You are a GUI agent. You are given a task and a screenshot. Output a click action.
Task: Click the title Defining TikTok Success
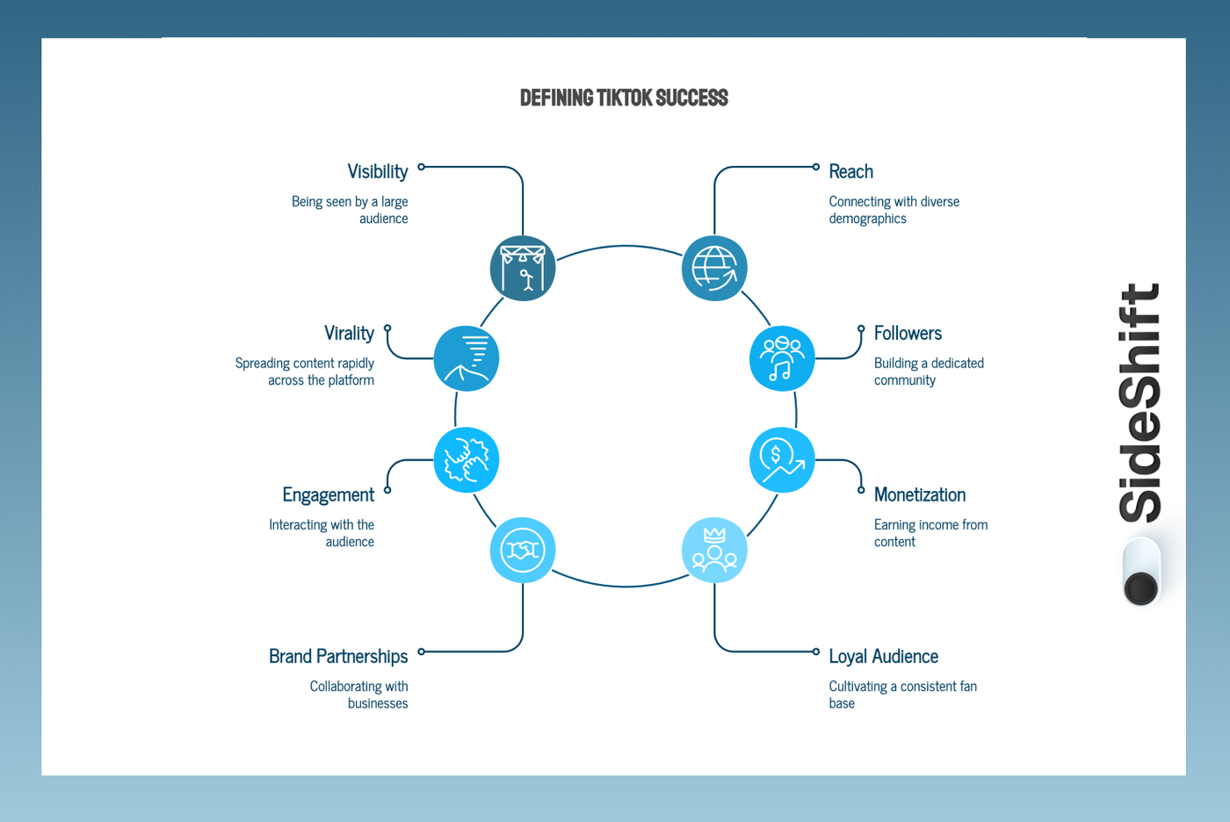[624, 97]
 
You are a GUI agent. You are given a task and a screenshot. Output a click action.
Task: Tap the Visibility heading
[378, 172]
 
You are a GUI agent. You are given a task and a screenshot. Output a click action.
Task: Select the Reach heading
[850, 172]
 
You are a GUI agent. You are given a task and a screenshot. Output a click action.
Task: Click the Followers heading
[908, 333]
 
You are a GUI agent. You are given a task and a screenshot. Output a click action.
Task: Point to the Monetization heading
[920, 495]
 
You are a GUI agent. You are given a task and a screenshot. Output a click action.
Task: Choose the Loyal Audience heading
[884, 656]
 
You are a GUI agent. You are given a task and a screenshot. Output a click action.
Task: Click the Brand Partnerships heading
[338, 656]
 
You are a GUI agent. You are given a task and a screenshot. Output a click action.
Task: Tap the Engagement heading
[329, 495]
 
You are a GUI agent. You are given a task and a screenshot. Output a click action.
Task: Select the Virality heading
[350, 333]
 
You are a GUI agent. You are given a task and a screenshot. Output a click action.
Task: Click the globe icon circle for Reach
[714, 269]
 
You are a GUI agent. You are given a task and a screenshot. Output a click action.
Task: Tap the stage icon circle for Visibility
[523, 269]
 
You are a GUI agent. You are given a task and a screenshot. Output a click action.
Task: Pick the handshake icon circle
[523, 550]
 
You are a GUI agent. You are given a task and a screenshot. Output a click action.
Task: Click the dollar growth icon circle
[782, 460]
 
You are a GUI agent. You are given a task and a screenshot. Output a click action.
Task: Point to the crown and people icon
[714, 550]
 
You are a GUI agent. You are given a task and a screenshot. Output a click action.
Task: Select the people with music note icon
[782, 358]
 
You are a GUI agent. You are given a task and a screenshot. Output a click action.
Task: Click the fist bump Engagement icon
[467, 460]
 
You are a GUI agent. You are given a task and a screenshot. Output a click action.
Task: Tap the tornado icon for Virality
[467, 358]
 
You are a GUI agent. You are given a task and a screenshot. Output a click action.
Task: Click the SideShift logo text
[1140, 402]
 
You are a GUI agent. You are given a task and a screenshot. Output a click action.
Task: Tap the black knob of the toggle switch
[1140, 588]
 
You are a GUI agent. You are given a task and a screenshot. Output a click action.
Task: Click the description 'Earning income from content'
[930, 533]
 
